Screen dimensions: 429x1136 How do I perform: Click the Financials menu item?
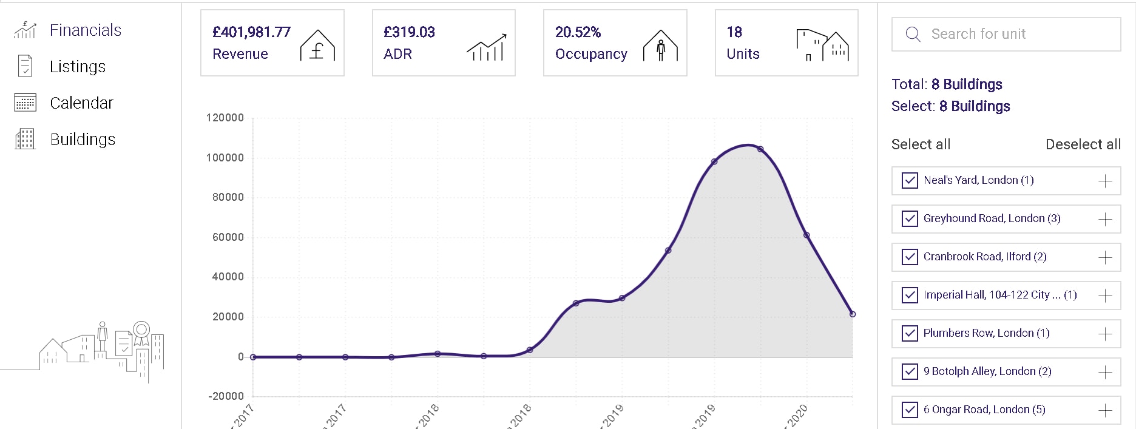point(85,30)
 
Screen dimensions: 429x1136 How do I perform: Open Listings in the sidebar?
point(77,67)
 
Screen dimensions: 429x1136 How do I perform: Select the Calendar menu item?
point(81,103)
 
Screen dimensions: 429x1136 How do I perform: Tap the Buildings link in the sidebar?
point(83,140)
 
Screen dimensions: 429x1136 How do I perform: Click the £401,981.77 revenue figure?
point(251,32)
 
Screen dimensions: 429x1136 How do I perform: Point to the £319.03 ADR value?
point(409,32)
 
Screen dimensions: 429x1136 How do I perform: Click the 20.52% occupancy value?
point(578,32)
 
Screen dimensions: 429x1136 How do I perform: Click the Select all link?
point(921,144)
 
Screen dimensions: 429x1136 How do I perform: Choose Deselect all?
point(1083,144)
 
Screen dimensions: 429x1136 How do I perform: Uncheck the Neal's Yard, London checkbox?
point(910,181)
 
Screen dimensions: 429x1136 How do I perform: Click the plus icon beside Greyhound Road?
point(1105,219)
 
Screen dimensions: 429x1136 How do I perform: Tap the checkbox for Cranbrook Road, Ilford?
point(910,257)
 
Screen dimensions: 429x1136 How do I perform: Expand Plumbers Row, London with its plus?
point(1105,334)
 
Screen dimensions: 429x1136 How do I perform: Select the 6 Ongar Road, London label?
point(984,410)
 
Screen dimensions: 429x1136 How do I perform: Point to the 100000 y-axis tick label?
point(225,158)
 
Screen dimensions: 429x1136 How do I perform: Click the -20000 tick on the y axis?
point(226,396)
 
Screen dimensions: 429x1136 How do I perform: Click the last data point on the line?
point(853,314)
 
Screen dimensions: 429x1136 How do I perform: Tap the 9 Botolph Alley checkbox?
point(910,372)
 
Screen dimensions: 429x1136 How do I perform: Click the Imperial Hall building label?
point(999,295)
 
